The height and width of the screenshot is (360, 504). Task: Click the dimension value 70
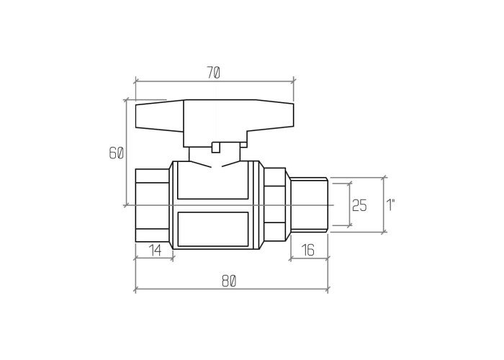pyautogui.click(x=213, y=73)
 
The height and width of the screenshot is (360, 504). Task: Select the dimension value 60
pyautogui.click(x=116, y=153)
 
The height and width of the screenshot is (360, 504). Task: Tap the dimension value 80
pyautogui.click(x=229, y=282)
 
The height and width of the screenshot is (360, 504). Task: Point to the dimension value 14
pyautogui.click(x=156, y=250)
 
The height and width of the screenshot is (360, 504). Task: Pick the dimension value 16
pyautogui.click(x=308, y=250)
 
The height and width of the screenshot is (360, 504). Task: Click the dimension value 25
pyautogui.click(x=359, y=205)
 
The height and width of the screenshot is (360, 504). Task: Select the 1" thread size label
pyautogui.click(x=390, y=205)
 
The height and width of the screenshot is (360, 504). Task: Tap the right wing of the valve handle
pyautogui.click(x=271, y=117)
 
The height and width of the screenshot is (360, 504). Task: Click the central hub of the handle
pyautogui.click(x=215, y=123)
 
